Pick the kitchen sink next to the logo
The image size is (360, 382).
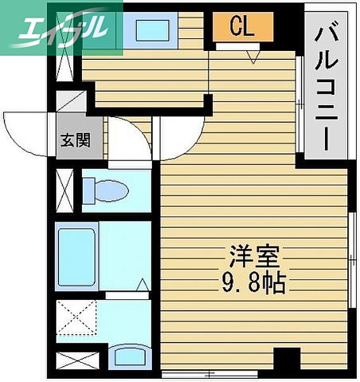[151, 28]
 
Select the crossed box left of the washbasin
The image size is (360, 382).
[78, 359]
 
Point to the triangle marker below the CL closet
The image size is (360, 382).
[253, 57]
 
